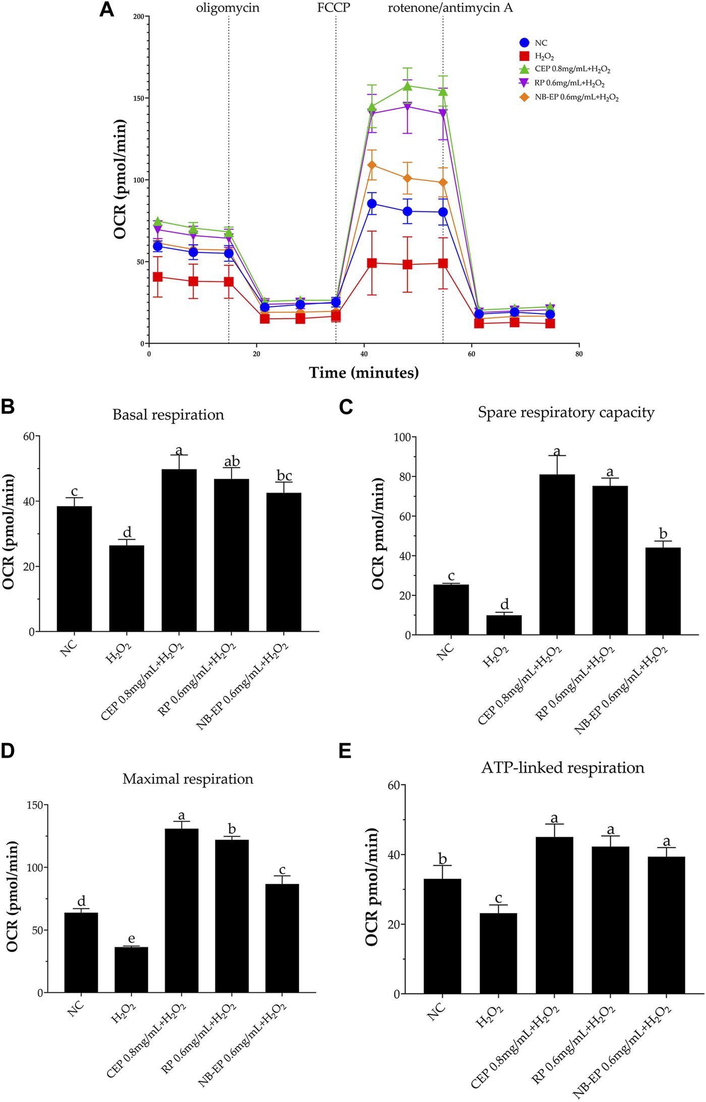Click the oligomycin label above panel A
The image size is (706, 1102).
tap(227, 8)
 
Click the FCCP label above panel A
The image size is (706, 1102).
tap(333, 8)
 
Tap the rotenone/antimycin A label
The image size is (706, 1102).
tap(450, 8)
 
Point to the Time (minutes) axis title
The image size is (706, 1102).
tap(364, 373)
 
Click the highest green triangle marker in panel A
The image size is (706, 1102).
tap(407, 86)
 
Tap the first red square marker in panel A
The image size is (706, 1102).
tap(158, 277)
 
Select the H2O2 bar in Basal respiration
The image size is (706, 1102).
tap(127, 588)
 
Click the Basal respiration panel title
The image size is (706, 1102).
tap(168, 415)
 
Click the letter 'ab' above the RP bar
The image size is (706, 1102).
tap(231, 461)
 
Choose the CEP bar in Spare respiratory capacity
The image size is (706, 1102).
tap(557, 555)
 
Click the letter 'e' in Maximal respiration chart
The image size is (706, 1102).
tap(132, 938)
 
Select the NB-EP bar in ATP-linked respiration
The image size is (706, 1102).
tap(667, 925)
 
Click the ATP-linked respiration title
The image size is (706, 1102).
tap(563, 768)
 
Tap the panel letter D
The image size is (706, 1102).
tap(8, 750)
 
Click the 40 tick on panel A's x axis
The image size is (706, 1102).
tap(364, 354)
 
